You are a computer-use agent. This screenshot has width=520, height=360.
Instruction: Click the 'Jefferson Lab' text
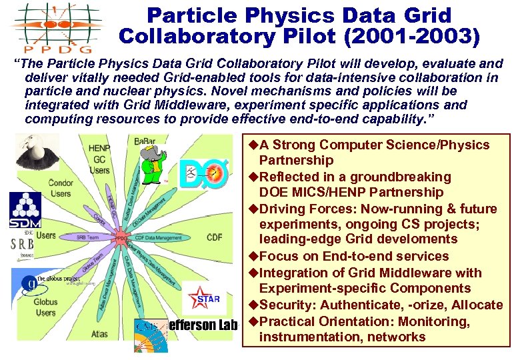pyautogui.click(x=207, y=325)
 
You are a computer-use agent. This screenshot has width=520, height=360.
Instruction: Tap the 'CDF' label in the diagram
pyautogui.click(x=214, y=237)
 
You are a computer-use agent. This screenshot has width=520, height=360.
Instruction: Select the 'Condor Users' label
pyautogui.click(x=61, y=189)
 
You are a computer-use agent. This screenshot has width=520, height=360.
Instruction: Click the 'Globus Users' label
pyautogui.click(x=46, y=307)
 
